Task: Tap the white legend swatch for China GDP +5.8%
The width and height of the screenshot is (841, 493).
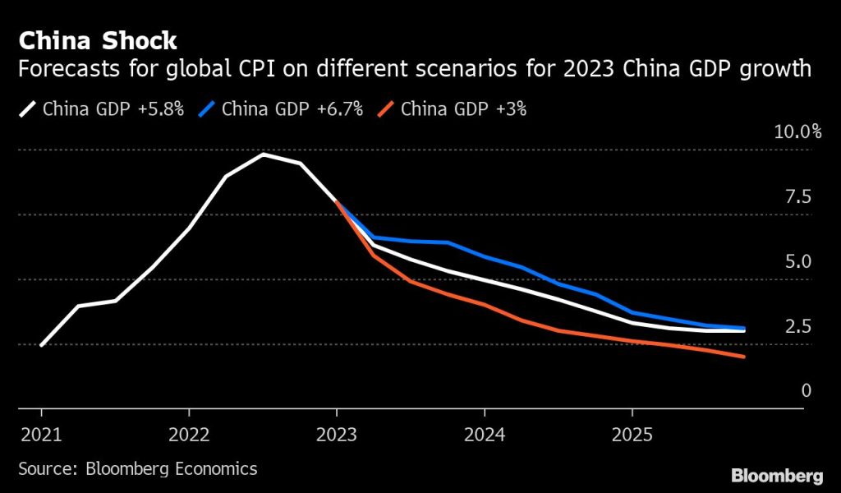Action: click(29, 108)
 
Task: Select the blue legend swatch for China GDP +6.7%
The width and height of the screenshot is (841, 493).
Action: click(208, 108)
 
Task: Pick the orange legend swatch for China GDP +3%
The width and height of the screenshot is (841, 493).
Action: click(387, 108)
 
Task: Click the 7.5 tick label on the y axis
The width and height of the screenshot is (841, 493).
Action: click(798, 196)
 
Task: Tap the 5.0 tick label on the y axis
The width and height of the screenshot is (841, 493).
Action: click(798, 261)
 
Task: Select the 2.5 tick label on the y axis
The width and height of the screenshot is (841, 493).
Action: click(798, 326)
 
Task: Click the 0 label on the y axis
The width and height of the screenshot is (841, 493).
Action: click(806, 390)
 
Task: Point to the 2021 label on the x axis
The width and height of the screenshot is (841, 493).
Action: click(41, 432)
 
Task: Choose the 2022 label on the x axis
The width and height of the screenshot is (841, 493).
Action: click(189, 432)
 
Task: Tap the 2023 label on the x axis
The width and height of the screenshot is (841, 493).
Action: click(337, 432)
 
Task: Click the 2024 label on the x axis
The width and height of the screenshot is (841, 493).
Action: click(485, 432)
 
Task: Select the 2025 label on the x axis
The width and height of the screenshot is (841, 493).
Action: click(632, 432)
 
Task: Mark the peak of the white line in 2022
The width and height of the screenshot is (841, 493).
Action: click(263, 154)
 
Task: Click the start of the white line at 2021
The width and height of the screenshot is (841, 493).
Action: click(41, 345)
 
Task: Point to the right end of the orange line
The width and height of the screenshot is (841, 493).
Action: click(744, 357)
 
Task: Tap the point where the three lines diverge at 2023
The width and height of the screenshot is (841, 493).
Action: click(337, 202)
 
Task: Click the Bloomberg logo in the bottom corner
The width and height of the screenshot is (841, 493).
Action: click(777, 475)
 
